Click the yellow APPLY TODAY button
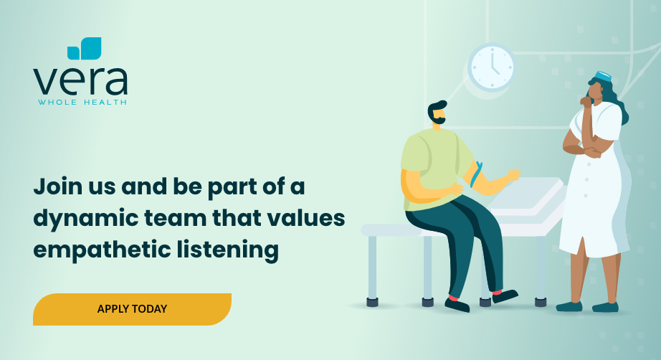coord(132,309)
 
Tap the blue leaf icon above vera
coord(85,49)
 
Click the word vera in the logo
coord(80,80)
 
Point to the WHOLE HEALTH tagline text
coord(82,102)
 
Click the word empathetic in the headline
coord(102,250)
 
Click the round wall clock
coord(493,67)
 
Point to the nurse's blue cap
coord(603,77)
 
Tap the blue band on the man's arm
coord(476,174)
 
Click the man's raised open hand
coord(514,174)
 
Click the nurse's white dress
coord(594,190)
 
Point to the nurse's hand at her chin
coord(586,101)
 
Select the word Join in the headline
coord(58,187)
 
